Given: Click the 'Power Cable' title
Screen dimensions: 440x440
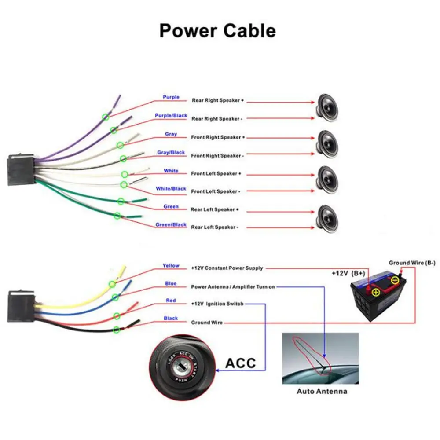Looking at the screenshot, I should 217,31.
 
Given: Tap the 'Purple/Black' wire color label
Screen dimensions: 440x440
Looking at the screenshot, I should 171,116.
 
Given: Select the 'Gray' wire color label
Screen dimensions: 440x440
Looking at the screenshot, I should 171,134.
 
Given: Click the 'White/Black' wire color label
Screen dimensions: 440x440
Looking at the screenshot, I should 171,189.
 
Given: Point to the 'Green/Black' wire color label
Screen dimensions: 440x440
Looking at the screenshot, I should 171,225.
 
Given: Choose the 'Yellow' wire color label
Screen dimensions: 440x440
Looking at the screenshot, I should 171,266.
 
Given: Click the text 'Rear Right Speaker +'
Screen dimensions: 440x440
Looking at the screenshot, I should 217,100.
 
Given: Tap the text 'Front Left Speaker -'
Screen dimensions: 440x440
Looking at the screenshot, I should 216,191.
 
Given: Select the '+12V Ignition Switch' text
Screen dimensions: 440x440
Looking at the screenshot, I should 217,304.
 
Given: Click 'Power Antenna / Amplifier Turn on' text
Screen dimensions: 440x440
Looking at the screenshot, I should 233,287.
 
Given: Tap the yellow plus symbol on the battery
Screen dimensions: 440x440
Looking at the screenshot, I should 375,292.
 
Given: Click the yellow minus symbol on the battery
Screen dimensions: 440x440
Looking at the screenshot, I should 396,280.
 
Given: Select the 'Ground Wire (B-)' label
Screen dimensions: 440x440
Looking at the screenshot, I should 412,263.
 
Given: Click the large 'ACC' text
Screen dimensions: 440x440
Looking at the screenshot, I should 240,363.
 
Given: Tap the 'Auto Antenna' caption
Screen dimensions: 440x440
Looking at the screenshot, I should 322,391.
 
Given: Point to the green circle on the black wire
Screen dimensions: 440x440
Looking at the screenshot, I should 117,330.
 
